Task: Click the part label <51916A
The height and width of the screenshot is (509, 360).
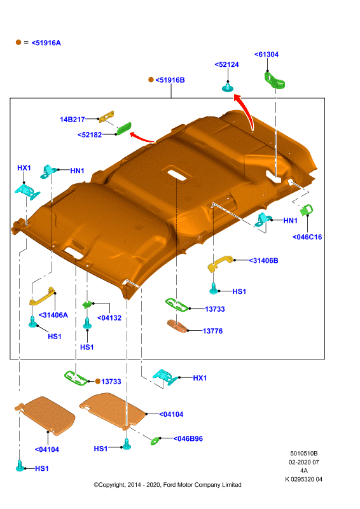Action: pyautogui.click(x=46, y=43)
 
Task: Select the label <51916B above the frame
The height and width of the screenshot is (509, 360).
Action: pyautogui.click(x=170, y=80)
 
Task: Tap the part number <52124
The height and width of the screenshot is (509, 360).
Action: pyautogui.click(x=226, y=65)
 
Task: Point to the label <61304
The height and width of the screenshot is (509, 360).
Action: pyautogui.click(x=267, y=55)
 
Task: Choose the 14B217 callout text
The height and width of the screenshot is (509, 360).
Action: pyautogui.click(x=73, y=120)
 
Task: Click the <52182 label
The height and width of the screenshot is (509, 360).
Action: pyautogui.click(x=90, y=135)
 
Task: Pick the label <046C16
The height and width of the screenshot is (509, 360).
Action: pyautogui.click(x=307, y=237)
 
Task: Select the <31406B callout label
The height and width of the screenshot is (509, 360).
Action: pyautogui.click(x=263, y=261)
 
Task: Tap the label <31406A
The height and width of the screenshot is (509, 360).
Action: pyautogui.click(x=53, y=315)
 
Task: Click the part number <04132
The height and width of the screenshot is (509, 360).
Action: pyautogui.click(x=109, y=318)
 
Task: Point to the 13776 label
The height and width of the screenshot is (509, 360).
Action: pyautogui.click(x=213, y=331)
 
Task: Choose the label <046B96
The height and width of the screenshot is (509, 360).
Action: pyautogui.click(x=188, y=439)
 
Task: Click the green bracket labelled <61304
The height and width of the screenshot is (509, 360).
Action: pyautogui.click(x=275, y=80)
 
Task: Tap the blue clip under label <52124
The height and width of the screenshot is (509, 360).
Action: pyautogui.click(x=228, y=88)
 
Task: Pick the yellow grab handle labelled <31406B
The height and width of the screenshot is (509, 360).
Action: pyautogui.click(x=220, y=263)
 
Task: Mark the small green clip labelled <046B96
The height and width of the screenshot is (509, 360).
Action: pyautogui.click(x=155, y=440)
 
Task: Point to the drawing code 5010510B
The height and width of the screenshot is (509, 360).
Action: pyautogui.click(x=304, y=454)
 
